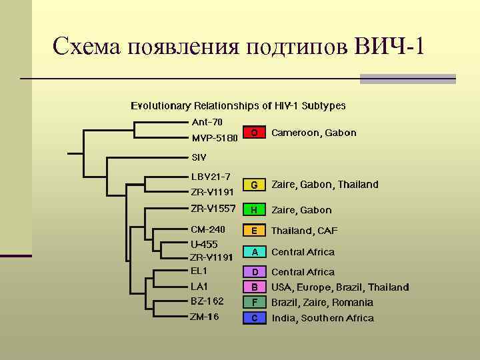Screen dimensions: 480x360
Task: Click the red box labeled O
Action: point(254,133)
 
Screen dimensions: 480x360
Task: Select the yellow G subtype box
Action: point(254,184)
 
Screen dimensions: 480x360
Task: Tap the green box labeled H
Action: point(254,210)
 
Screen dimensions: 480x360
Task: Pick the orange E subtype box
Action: point(254,231)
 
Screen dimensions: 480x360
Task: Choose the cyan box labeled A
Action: point(254,252)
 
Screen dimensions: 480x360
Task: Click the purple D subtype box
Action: point(254,272)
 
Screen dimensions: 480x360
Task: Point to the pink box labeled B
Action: point(254,287)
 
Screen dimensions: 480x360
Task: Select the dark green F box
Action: point(254,303)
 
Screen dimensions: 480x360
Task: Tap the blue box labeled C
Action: point(254,318)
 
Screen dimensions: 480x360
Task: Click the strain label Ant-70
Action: point(207,122)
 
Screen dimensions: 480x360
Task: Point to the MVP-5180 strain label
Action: point(214,139)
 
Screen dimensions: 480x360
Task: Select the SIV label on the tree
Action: point(199,158)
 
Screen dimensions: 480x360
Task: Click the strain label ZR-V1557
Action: point(213,208)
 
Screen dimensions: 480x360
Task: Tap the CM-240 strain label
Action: point(208,230)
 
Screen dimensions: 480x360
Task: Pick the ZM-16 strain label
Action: point(205,317)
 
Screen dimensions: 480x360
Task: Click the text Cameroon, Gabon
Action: point(313,133)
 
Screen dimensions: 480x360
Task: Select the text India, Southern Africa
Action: point(322,318)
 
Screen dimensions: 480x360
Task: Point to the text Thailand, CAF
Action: point(304,231)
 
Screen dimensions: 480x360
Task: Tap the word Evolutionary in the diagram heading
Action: point(161,105)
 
